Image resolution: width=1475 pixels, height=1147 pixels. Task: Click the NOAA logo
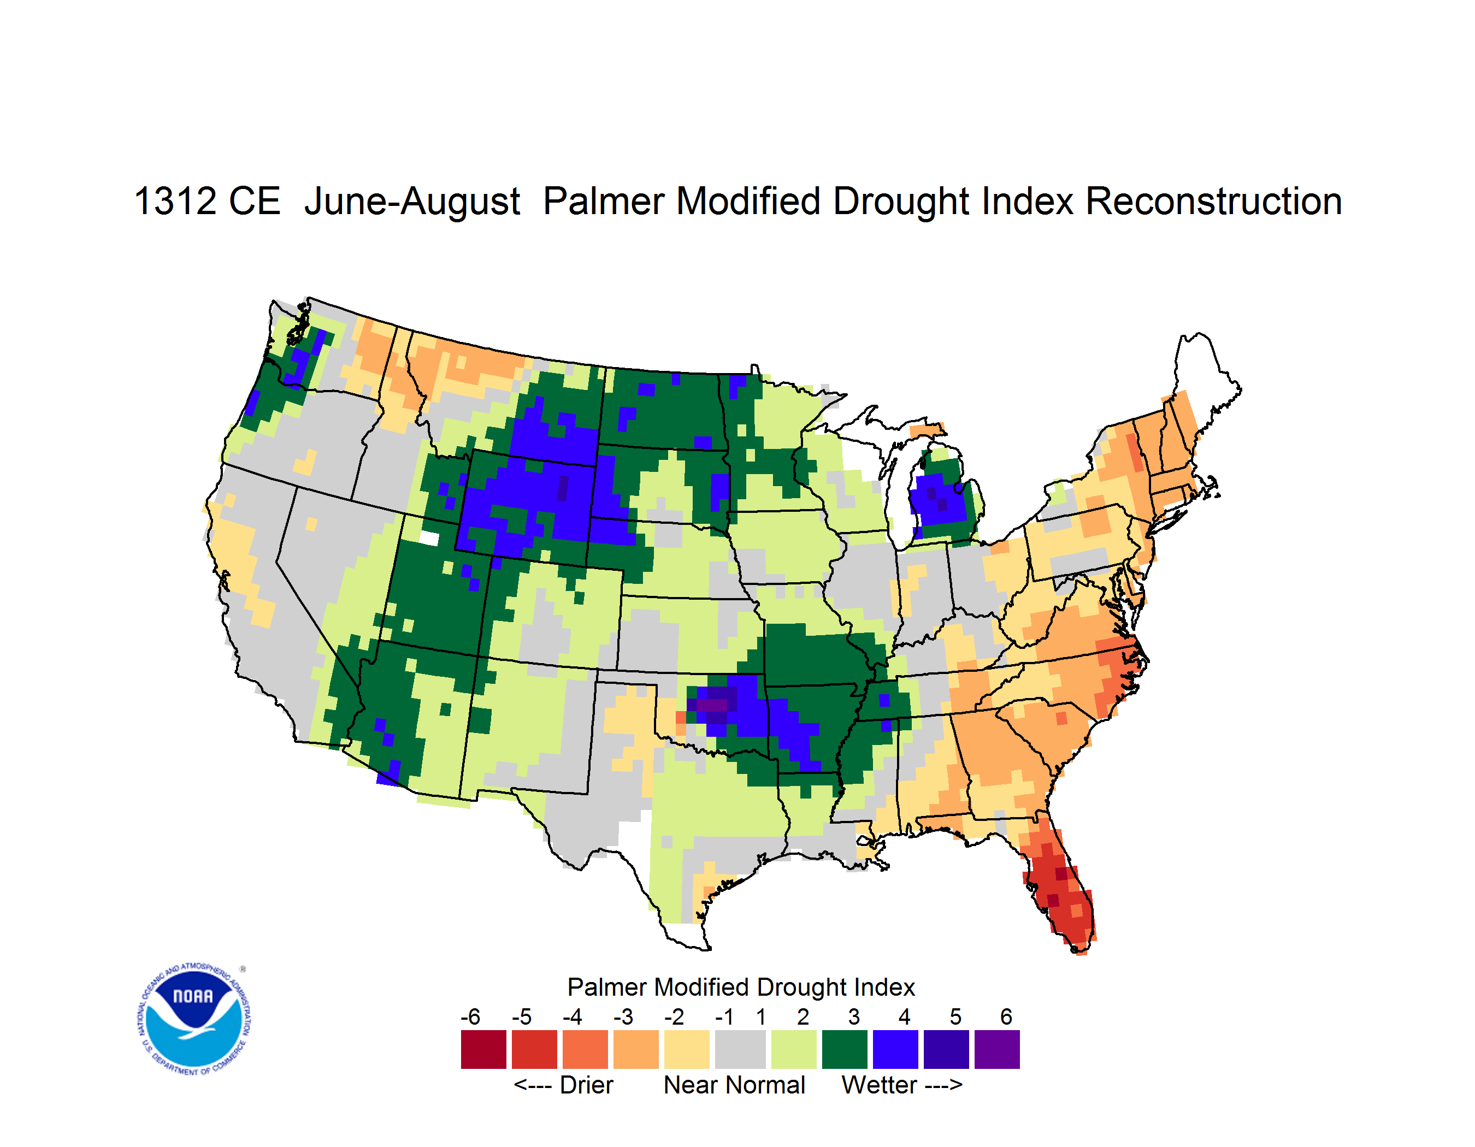tap(193, 1019)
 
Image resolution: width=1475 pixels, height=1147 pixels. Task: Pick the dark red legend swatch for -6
tap(483, 1049)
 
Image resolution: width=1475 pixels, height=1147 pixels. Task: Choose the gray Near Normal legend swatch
tap(740, 1049)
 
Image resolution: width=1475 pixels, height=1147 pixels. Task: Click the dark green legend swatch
tap(844, 1049)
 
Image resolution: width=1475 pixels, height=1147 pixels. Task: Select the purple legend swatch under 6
tap(997, 1049)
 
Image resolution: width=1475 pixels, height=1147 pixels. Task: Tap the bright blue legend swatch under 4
tap(895, 1049)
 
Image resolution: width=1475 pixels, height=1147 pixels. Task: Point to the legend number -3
tap(623, 1016)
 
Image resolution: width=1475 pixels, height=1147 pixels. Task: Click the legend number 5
tap(955, 1016)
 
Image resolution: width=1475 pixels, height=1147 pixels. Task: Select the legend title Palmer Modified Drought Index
tap(741, 987)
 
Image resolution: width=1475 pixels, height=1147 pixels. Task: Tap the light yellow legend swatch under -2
tap(687, 1049)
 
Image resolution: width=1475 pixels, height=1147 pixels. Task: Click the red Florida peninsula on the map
tap(1059, 884)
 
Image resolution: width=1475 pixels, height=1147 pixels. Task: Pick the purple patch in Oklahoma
tap(713, 703)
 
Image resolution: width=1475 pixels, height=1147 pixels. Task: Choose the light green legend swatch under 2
tap(794, 1049)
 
